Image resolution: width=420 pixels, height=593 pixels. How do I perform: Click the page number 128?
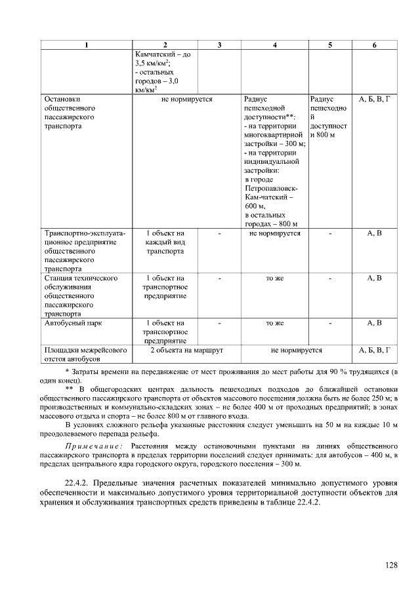[x=392, y=565]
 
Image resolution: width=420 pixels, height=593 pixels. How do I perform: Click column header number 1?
[x=85, y=44]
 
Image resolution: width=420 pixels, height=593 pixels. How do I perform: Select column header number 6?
[x=374, y=44]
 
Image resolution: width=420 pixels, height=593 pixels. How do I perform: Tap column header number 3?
[x=219, y=44]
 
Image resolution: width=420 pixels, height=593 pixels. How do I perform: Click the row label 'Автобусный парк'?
[x=72, y=323]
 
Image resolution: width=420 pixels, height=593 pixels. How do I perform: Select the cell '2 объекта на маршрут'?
[x=186, y=351]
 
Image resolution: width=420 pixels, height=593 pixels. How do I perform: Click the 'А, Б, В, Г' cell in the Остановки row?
[x=374, y=100]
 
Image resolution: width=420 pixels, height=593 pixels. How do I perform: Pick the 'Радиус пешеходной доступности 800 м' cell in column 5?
[x=329, y=117]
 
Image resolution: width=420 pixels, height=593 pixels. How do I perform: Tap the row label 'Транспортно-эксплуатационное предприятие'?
[x=84, y=250]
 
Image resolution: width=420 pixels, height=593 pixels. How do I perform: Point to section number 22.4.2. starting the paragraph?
[x=79, y=483]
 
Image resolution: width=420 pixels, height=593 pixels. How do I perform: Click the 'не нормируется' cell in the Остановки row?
[x=186, y=100]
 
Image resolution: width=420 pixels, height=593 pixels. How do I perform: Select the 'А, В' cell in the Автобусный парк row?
[x=374, y=323]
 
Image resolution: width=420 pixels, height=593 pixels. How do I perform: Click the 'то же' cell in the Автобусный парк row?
[x=274, y=323]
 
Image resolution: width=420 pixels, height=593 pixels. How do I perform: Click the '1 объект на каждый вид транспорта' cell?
[x=165, y=242]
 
